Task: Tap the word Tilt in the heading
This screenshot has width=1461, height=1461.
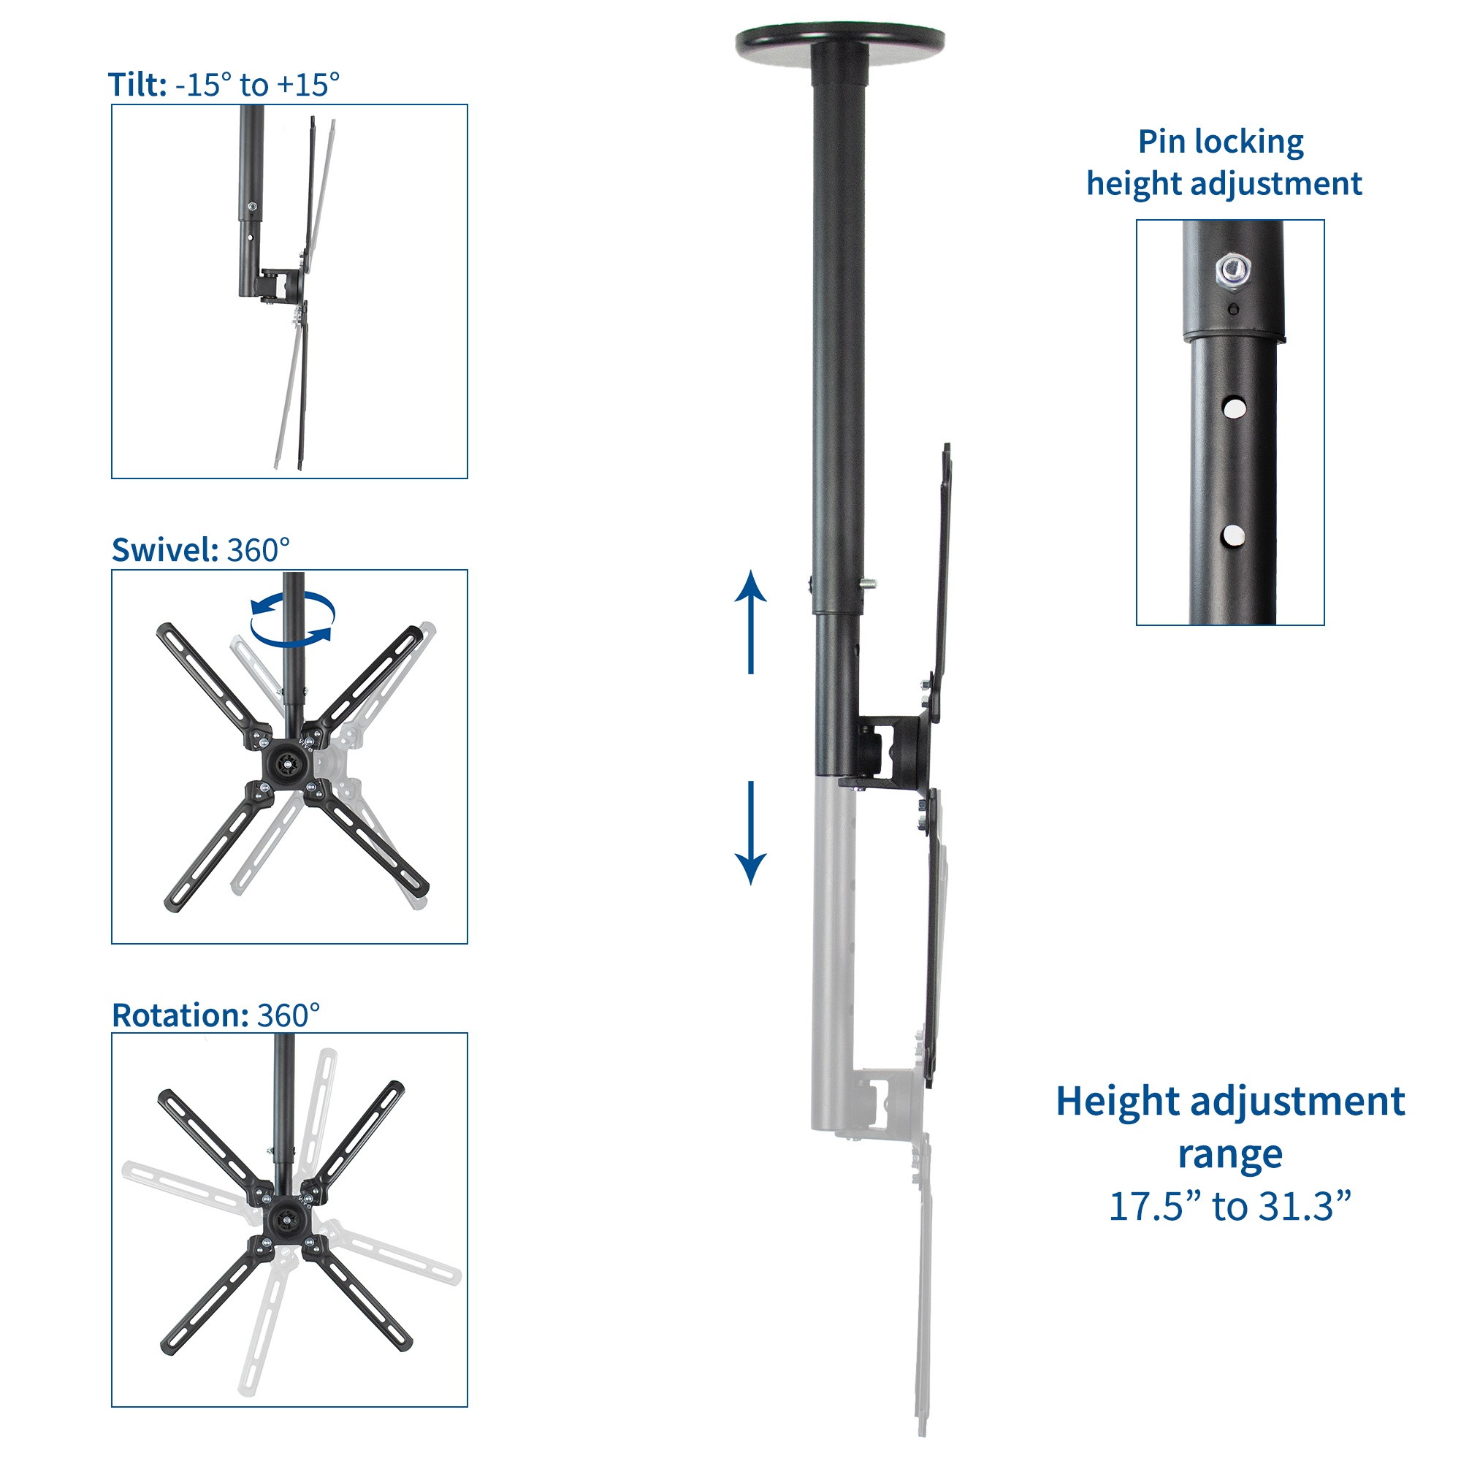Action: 137,85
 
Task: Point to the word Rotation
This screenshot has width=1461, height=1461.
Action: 180,1015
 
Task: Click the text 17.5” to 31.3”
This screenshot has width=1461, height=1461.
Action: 1229,1205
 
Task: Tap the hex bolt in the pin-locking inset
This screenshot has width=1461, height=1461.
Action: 1232,270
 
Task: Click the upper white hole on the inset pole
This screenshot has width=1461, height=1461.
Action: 1234,408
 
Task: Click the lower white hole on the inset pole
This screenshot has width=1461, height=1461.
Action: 1233,536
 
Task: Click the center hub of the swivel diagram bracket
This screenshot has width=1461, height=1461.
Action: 287,764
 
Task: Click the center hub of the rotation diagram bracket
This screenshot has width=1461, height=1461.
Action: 287,1219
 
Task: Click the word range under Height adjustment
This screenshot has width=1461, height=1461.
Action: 1229,1155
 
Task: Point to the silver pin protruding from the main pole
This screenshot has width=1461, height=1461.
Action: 869,583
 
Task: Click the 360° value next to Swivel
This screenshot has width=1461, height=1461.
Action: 259,551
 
